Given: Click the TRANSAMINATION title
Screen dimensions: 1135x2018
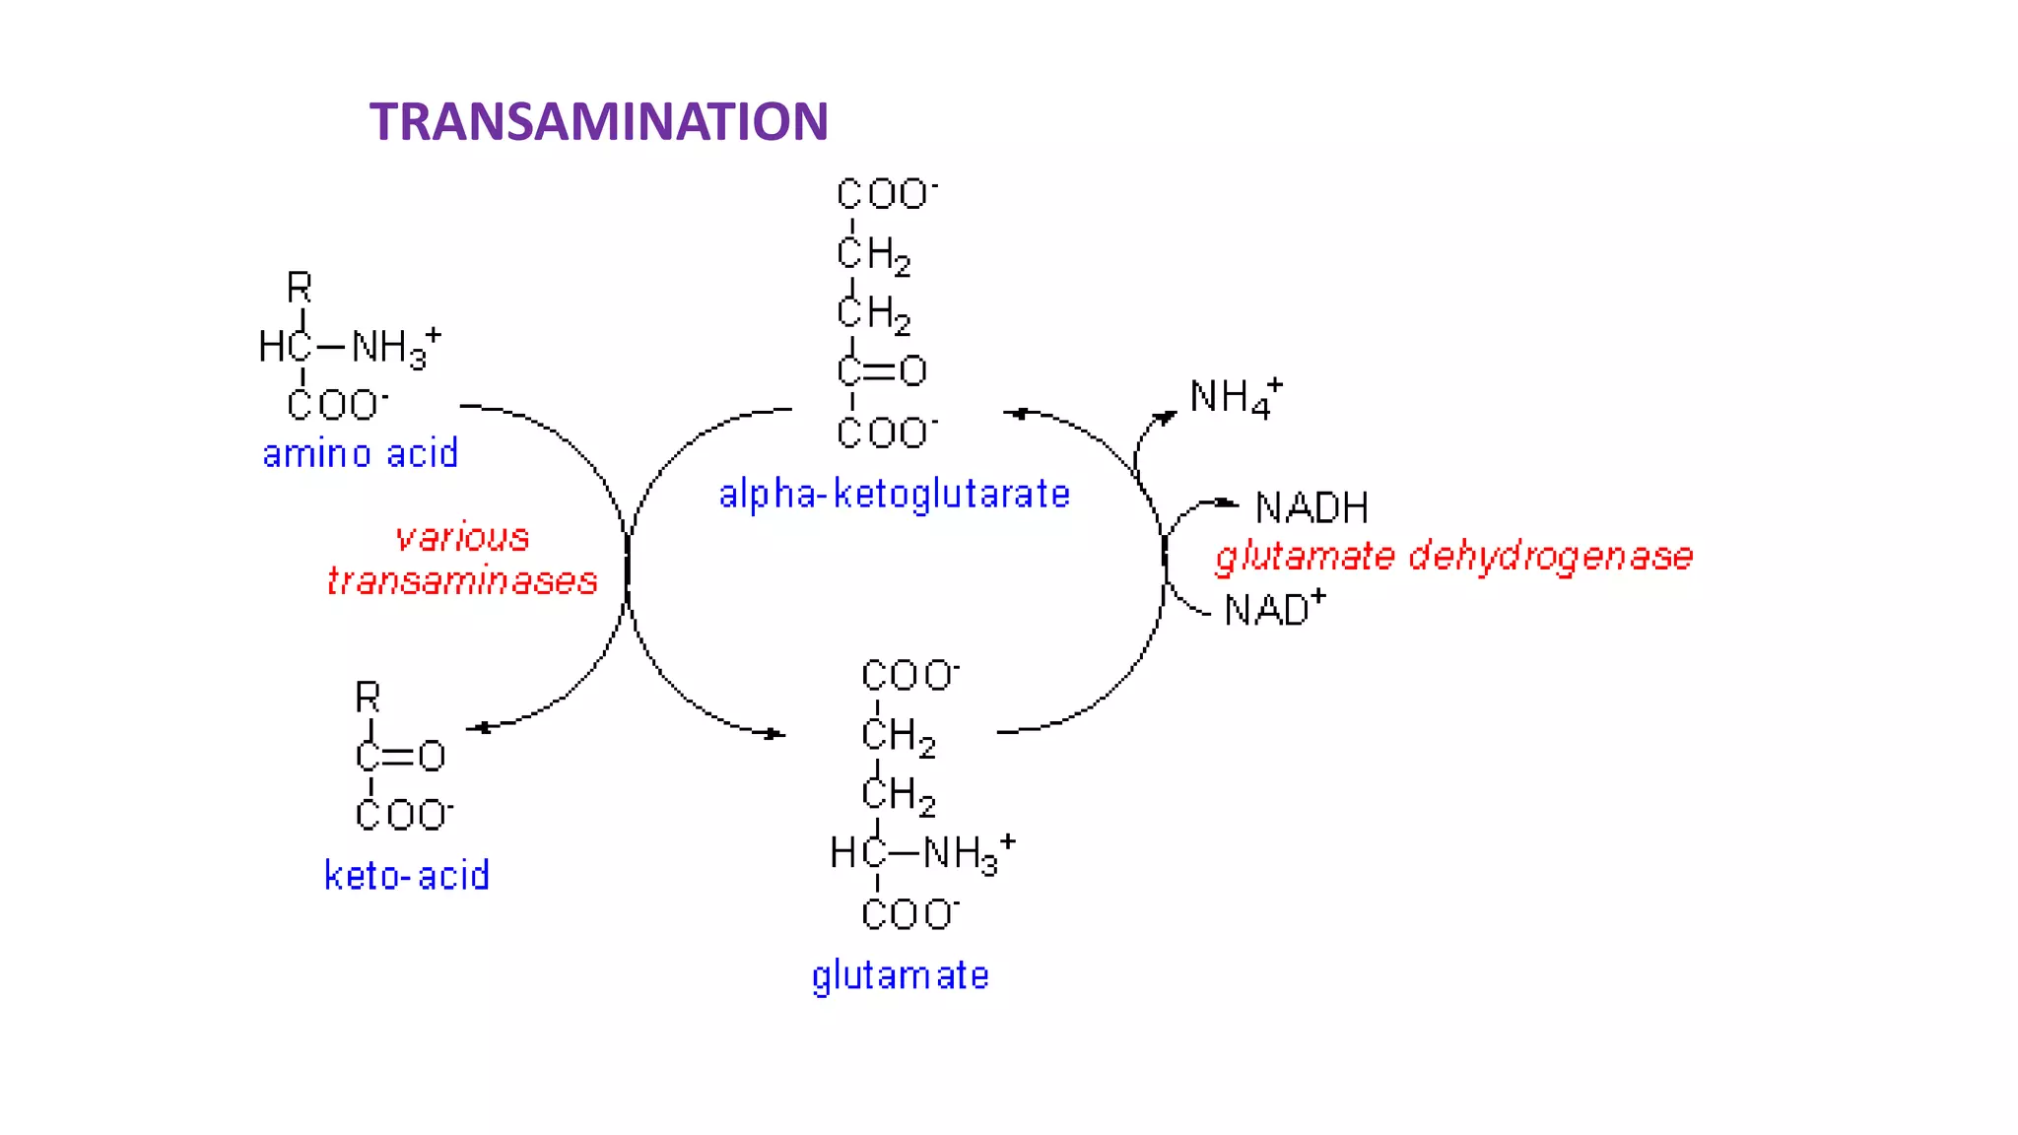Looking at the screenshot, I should pyautogui.click(x=598, y=121).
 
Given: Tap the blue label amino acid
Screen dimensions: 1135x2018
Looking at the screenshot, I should pyautogui.click(x=360, y=454).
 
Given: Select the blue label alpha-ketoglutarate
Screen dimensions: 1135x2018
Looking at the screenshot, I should pyautogui.click(x=894, y=494).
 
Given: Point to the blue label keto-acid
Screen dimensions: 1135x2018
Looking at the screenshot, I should pyautogui.click(x=406, y=875).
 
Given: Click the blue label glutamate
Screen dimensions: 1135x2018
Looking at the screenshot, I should pyautogui.click(x=900, y=975).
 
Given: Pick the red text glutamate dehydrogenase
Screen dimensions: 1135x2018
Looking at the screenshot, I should pyautogui.click(x=1453, y=557).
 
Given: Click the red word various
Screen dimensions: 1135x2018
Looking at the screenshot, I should pyautogui.click(x=462, y=537).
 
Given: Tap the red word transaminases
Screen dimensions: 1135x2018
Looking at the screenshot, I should pyautogui.click(x=462, y=581).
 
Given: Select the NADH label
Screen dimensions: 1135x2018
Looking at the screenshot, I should pyautogui.click(x=1312, y=508).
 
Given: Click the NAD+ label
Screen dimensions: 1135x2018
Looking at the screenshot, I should pyautogui.click(x=1274, y=609).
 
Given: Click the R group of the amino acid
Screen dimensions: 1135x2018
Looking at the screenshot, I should pyautogui.click(x=299, y=288).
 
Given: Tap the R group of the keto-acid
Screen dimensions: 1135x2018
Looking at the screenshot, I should pyautogui.click(x=368, y=698).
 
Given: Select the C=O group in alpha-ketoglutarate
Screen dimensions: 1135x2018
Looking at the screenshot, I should pyautogui.click(x=882, y=371).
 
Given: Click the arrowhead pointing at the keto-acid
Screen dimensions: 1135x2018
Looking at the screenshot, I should pyautogui.click(x=479, y=728).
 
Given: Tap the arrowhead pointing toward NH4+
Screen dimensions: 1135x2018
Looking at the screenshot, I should pyautogui.click(x=1166, y=418).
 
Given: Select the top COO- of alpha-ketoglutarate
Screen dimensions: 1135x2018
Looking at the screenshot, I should pyautogui.click(x=886, y=193).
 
